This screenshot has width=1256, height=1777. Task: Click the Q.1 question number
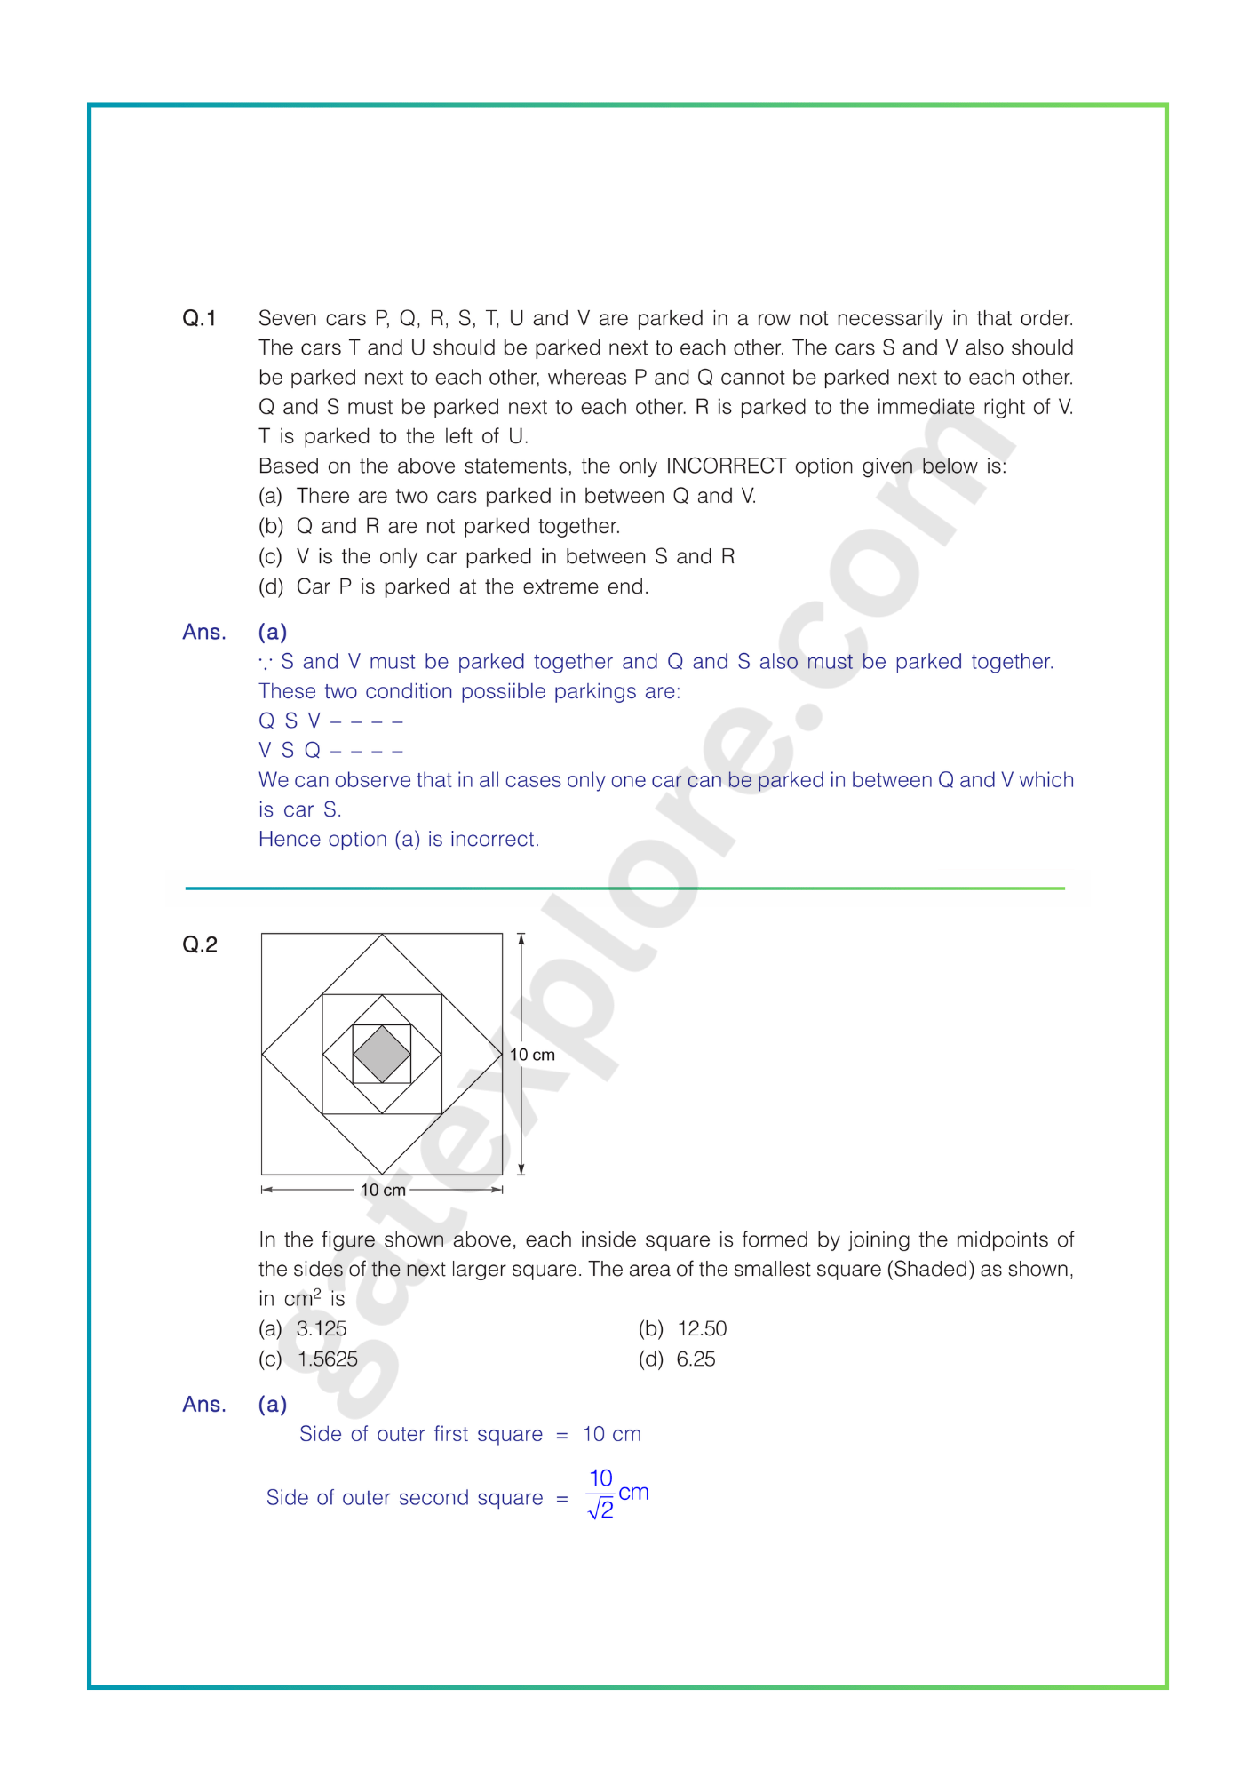click(x=199, y=318)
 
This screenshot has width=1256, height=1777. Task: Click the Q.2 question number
click(x=199, y=944)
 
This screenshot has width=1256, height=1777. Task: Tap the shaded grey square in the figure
click(x=382, y=1054)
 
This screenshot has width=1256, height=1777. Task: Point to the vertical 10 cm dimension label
click(x=532, y=1055)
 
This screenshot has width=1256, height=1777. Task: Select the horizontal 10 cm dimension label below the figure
click(x=383, y=1190)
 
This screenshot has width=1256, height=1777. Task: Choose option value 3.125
click(x=322, y=1328)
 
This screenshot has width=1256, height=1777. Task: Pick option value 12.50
click(x=702, y=1328)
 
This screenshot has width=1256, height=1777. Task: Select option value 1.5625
click(x=328, y=1359)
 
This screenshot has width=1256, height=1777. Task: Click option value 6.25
click(x=696, y=1359)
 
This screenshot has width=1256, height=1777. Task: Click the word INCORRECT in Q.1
click(x=726, y=466)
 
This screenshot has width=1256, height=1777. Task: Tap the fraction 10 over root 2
click(x=601, y=1494)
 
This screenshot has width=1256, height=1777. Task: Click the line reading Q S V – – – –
click(x=330, y=721)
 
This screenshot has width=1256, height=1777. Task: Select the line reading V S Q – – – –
click(x=330, y=751)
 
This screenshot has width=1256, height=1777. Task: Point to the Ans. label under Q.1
click(x=204, y=632)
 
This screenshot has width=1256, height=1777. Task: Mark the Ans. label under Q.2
click(x=204, y=1404)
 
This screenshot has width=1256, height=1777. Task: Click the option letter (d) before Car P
click(x=270, y=586)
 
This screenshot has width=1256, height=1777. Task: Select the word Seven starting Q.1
click(x=287, y=318)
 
